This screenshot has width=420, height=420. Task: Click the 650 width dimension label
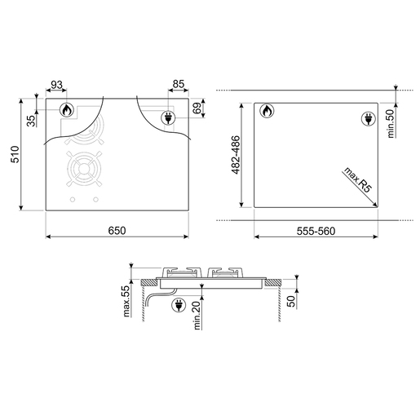117,231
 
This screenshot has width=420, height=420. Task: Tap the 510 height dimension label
15,154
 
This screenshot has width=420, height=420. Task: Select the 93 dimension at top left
57,85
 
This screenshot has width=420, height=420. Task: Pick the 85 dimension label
179,84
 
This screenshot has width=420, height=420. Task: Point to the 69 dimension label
198,108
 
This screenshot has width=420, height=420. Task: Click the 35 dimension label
32,121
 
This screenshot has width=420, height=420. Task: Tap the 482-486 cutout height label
236,155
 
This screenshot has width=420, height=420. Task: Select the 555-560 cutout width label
316,232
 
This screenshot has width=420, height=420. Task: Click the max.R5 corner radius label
358,180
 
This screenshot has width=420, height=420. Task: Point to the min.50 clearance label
391,124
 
